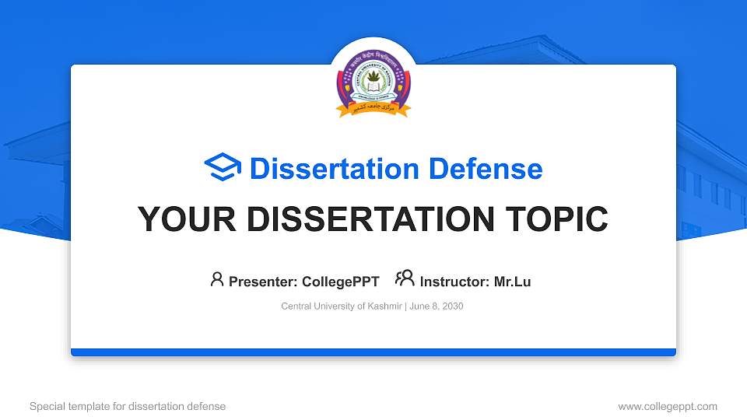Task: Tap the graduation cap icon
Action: (x=223, y=168)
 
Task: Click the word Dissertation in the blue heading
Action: (x=324, y=169)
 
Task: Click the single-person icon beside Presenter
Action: (x=217, y=279)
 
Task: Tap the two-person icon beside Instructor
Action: (x=405, y=279)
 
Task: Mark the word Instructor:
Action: (x=454, y=282)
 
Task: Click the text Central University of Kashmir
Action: (x=341, y=306)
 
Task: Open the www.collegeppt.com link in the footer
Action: (x=667, y=406)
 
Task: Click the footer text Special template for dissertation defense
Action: (x=128, y=406)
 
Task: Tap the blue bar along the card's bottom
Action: (x=373, y=352)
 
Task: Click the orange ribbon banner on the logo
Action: (x=373, y=110)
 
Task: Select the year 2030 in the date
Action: (x=452, y=306)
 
